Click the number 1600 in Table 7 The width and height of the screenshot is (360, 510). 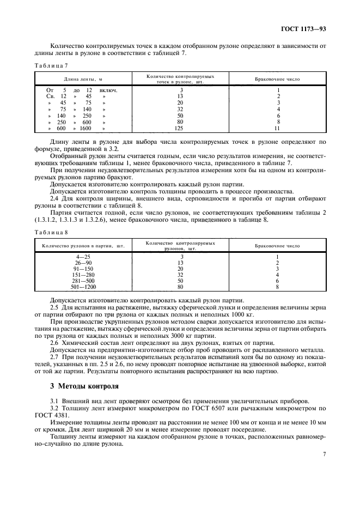point(85,129)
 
